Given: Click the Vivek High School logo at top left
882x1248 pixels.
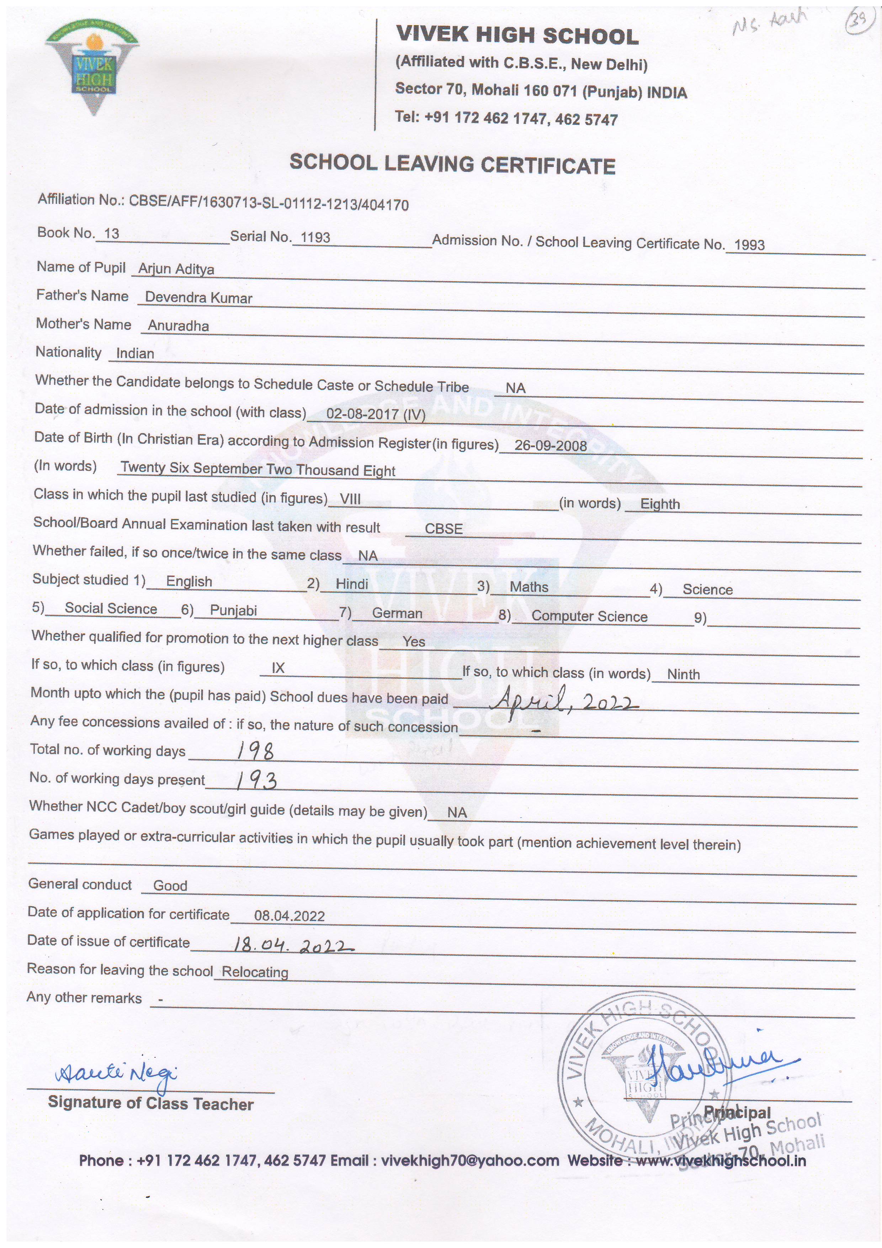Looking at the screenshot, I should point(93,69).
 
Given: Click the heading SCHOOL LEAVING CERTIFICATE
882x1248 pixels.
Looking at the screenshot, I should point(452,164).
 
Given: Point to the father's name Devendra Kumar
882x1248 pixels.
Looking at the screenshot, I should point(198,298).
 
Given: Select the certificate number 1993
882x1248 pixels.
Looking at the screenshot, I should point(749,245).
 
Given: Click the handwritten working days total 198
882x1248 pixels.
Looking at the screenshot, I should point(255,751).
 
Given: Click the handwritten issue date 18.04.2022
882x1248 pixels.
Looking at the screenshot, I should point(292,946).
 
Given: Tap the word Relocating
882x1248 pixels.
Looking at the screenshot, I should point(255,972).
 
